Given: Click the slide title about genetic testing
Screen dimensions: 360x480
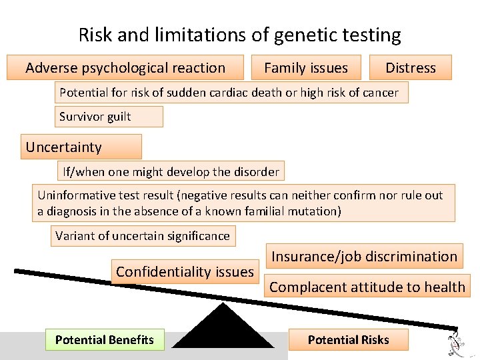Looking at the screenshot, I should tap(240, 35).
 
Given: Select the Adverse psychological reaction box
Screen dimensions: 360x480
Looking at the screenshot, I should tap(125, 67).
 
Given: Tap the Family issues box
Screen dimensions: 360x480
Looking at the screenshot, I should tap(306, 67).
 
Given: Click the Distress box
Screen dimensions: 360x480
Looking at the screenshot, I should tap(411, 67).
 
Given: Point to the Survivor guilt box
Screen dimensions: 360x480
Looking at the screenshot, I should tap(109, 117).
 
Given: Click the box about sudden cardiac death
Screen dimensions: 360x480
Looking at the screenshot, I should tap(231, 93).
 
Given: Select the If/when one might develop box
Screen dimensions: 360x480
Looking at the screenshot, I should tap(171, 171).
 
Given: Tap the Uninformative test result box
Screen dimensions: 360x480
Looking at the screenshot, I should tap(244, 203).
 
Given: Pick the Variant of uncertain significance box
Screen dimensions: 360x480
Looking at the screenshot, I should tap(143, 235).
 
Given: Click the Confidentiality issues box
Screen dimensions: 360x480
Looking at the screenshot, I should tap(185, 271).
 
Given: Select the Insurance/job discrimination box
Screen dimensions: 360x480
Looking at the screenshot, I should tap(364, 256).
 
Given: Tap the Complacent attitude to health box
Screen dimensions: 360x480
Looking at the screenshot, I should tap(367, 287).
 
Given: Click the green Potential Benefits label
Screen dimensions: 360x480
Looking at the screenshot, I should tap(105, 340).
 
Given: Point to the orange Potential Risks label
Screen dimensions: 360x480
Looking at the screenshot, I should tap(348, 340).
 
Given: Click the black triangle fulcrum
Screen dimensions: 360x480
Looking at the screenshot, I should tap(223, 328).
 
